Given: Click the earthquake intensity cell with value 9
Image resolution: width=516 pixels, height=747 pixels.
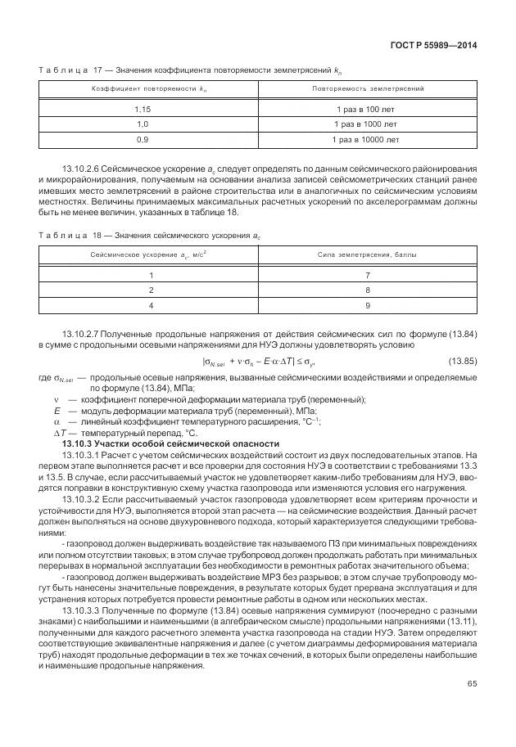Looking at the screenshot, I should (x=367, y=305).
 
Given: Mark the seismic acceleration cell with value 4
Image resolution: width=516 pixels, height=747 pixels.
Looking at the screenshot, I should (x=150, y=305).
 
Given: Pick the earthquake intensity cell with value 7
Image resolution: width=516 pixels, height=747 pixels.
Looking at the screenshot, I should (x=367, y=276).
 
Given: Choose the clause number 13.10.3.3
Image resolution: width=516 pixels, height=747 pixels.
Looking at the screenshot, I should (x=80, y=610).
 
